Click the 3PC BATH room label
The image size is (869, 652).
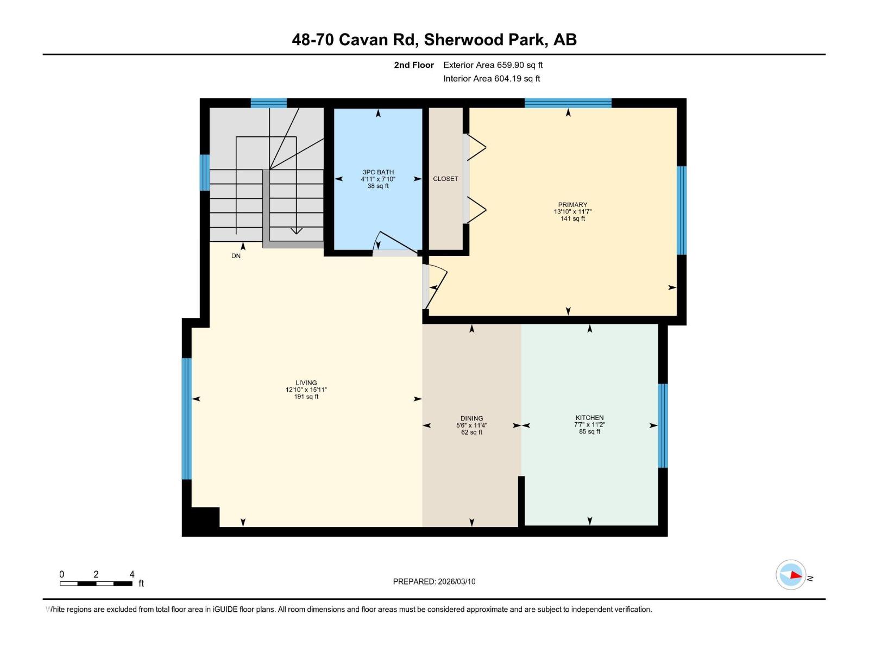point(378,172)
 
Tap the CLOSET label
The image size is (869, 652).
point(445,179)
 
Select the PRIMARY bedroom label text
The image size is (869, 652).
point(572,205)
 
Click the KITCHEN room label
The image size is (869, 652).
point(589,418)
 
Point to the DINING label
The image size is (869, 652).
point(471,419)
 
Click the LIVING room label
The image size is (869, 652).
point(306,383)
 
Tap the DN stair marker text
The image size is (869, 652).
point(236,256)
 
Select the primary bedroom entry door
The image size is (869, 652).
point(436,286)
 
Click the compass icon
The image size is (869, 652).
point(791,575)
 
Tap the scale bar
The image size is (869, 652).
point(96,584)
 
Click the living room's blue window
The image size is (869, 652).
point(187,418)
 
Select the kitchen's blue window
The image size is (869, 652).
point(663,425)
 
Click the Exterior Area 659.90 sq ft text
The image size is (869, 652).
point(493,65)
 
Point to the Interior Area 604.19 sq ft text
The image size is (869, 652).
point(492,79)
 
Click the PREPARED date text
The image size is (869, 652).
point(434,581)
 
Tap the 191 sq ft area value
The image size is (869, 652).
point(306,397)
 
